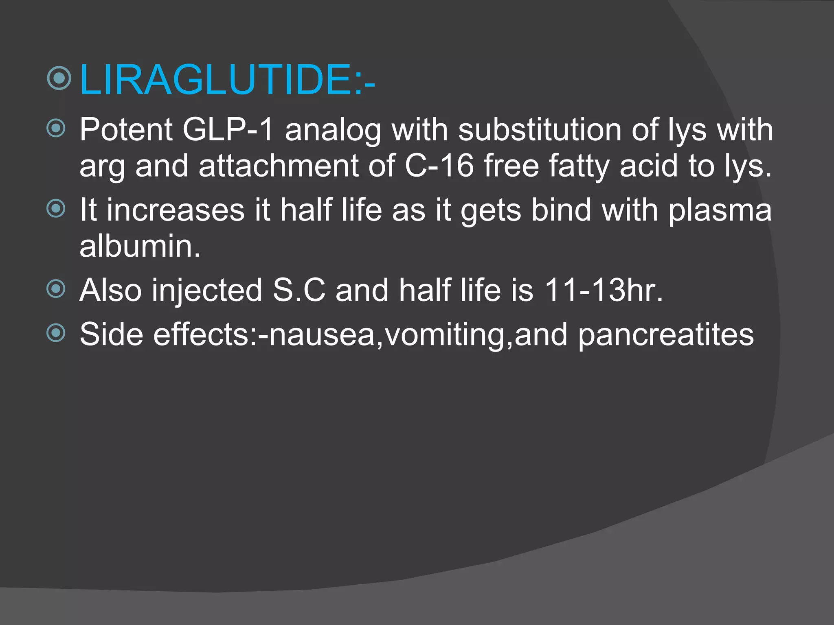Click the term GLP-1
point(228,130)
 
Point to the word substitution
point(539,130)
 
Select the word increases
point(176,210)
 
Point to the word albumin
point(140,246)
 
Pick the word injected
point(207,291)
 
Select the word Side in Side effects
point(111,334)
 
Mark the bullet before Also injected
point(56,289)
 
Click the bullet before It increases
point(56,209)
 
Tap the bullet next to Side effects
point(56,333)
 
